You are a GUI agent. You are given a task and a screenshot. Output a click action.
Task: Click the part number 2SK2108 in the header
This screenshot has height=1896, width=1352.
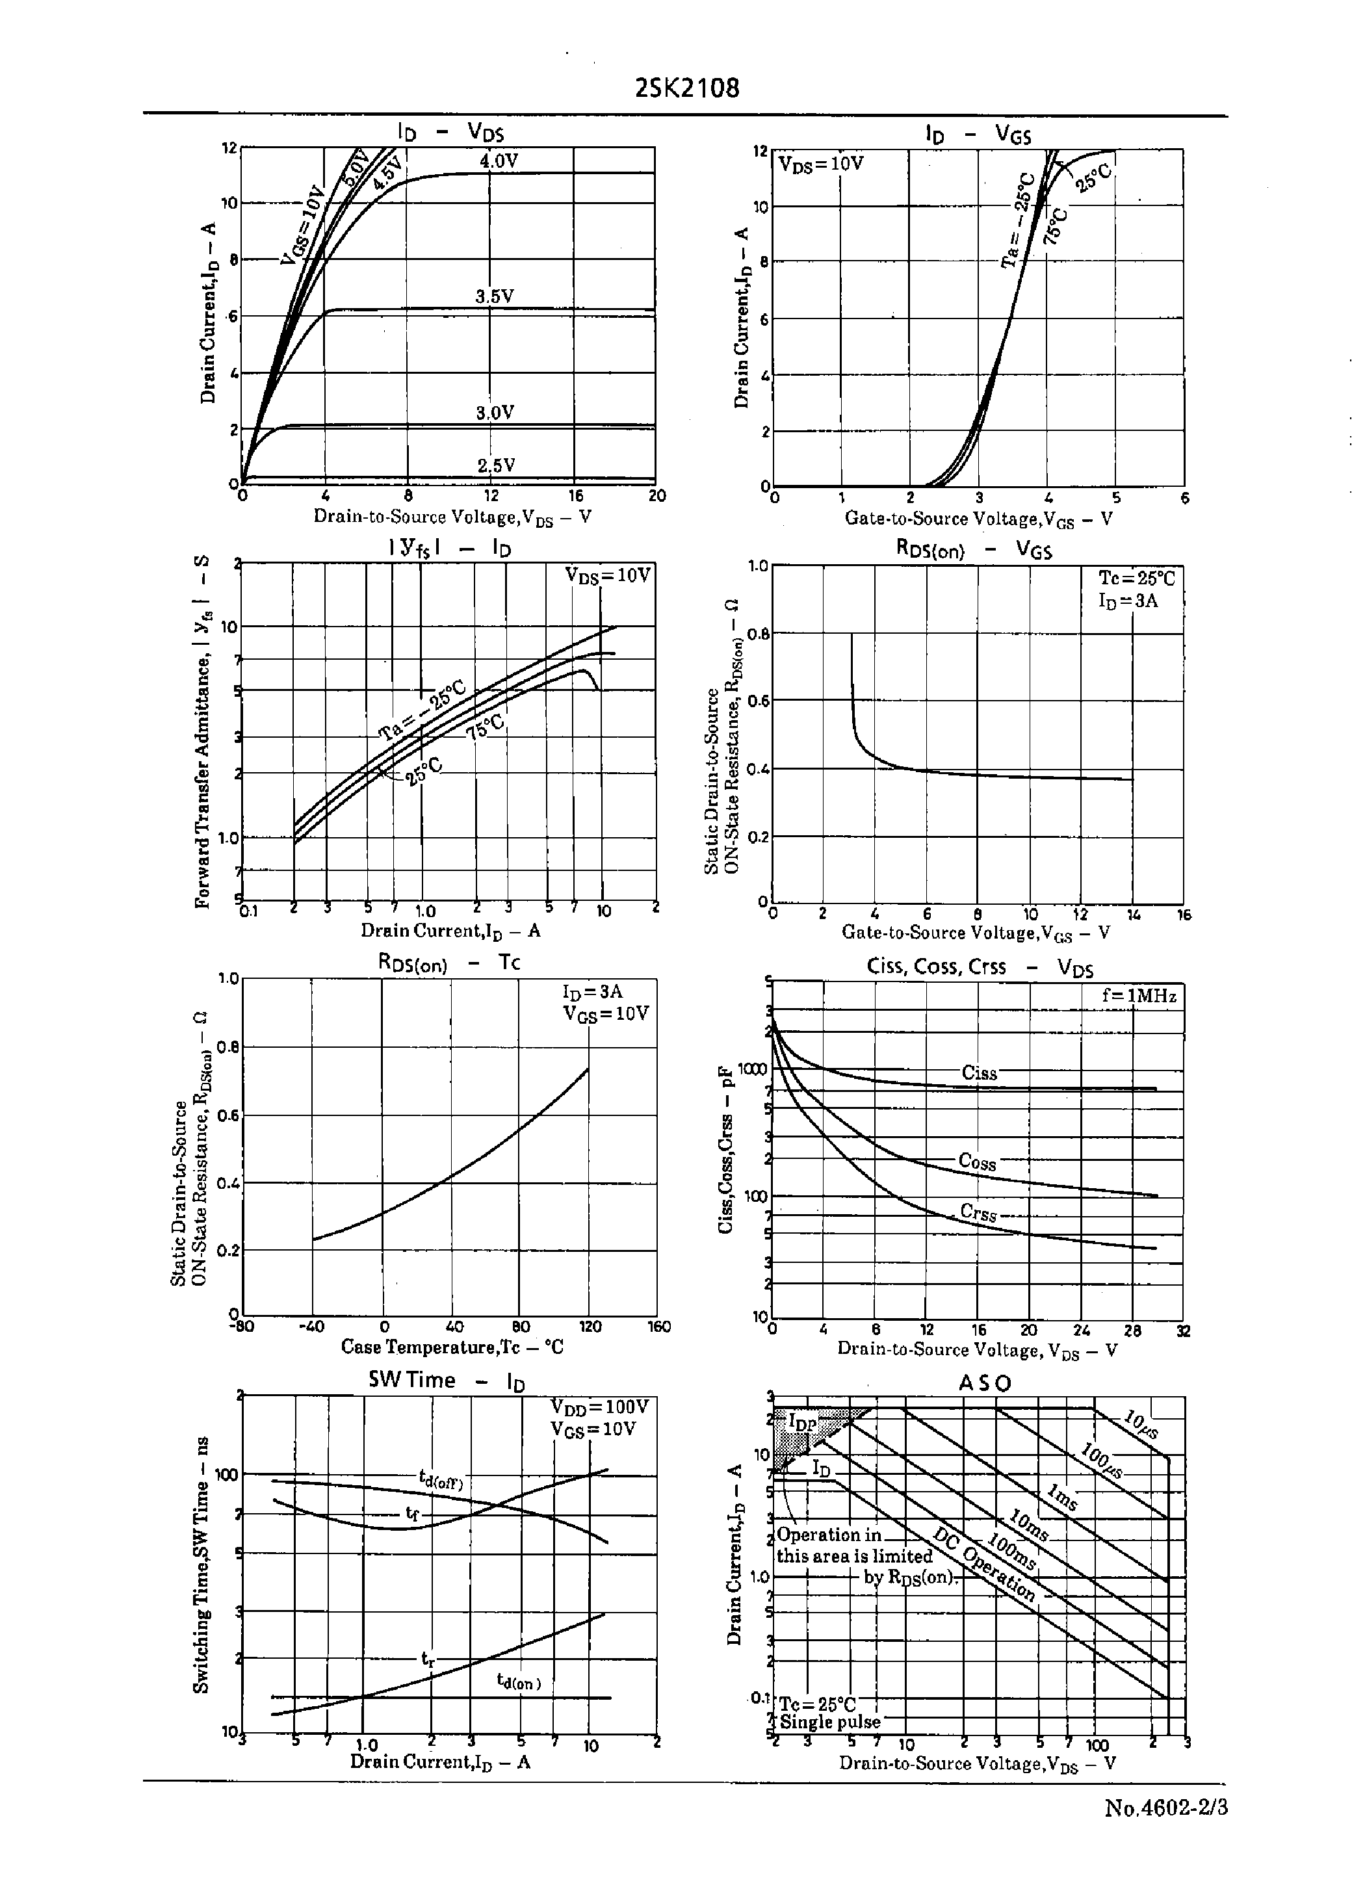click(687, 88)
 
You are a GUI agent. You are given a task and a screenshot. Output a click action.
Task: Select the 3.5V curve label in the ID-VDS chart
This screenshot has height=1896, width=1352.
click(495, 297)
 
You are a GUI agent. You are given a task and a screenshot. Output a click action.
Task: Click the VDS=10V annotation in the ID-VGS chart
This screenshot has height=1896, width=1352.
click(821, 164)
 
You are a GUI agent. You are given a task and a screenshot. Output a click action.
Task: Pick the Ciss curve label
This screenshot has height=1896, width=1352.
click(979, 1074)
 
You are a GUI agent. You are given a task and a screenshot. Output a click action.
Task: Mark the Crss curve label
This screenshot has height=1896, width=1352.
click(978, 1213)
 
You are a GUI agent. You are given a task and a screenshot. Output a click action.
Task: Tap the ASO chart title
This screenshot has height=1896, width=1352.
click(985, 1384)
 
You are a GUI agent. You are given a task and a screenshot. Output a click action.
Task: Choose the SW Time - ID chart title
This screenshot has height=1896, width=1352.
click(447, 1381)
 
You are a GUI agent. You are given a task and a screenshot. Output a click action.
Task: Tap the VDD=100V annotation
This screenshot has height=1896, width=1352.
click(599, 1407)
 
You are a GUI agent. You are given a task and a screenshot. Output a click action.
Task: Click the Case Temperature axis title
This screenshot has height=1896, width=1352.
click(452, 1347)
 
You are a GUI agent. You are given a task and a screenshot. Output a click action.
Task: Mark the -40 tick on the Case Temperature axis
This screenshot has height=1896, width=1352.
click(311, 1327)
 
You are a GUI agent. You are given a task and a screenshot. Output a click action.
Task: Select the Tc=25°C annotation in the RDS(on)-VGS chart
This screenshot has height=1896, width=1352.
click(1136, 579)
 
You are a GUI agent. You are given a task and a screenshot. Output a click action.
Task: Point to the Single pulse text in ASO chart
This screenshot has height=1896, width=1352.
click(829, 1722)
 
